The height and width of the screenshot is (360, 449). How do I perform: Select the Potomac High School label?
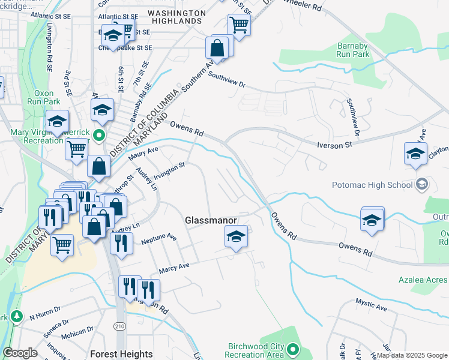tap(372, 184)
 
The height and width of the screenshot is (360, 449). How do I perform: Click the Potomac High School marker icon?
tap(422, 184)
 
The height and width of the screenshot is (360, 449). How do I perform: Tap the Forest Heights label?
tap(121, 354)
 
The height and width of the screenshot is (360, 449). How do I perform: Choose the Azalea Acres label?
tap(423, 280)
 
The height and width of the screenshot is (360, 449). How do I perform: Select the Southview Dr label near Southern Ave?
tap(227, 80)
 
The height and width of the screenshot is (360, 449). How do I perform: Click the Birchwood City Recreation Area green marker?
tap(292, 349)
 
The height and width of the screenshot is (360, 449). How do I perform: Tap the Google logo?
tap(20, 353)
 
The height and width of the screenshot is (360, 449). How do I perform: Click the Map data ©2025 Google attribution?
tap(412, 355)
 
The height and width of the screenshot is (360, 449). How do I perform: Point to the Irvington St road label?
tap(170, 170)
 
